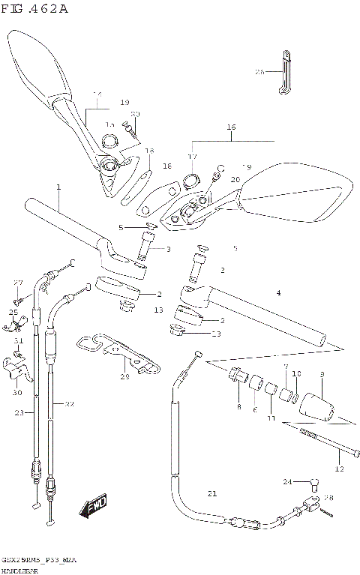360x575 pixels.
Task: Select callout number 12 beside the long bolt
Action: pyautogui.click(x=338, y=469)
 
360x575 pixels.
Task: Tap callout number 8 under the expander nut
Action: pyautogui.click(x=238, y=407)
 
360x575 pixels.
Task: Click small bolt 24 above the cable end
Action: pyautogui.click(x=315, y=481)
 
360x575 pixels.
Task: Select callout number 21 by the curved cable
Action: pyautogui.click(x=211, y=493)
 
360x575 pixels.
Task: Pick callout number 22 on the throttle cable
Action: pyautogui.click(x=69, y=405)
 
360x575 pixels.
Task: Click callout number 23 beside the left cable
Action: pyautogui.click(x=19, y=412)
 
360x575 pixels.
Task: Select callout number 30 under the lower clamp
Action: pyautogui.click(x=16, y=392)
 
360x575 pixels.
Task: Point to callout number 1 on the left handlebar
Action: pyautogui.click(x=58, y=187)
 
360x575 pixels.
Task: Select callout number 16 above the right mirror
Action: pyautogui.click(x=231, y=128)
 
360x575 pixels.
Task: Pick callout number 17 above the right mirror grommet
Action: pyautogui.click(x=192, y=157)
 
